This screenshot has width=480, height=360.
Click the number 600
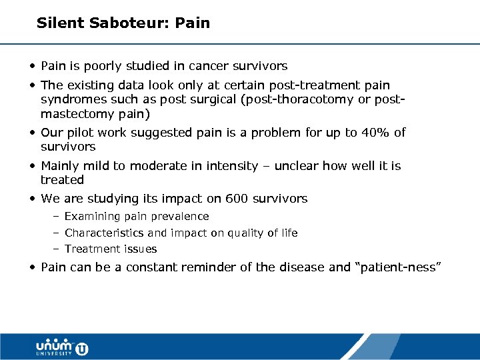pyautogui.click(x=237, y=199)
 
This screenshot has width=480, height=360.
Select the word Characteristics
pyautogui.click(x=105, y=233)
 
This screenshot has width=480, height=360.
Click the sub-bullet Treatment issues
pyautogui.click(x=111, y=249)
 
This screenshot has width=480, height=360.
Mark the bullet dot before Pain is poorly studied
pyautogui.click(x=33, y=66)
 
